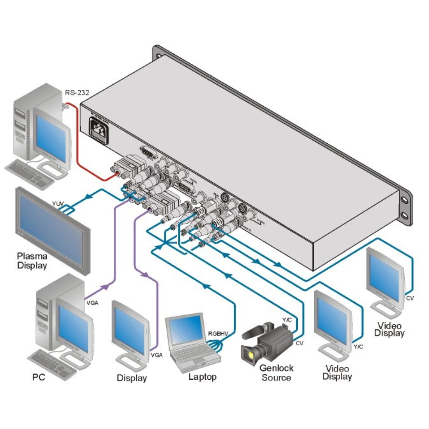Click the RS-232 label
click(x=77, y=93)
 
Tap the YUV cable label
click(x=58, y=204)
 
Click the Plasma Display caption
click(x=32, y=261)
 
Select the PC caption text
click(x=39, y=377)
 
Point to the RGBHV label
click(x=218, y=334)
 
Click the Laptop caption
click(x=202, y=377)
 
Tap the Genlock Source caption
click(x=276, y=373)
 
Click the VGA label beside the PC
click(x=92, y=303)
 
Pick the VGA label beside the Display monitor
click(x=157, y=355)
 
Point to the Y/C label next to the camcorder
click(x=287, y=320)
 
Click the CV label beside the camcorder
click(x=299, y=344)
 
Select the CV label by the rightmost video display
click(x=410, y=298)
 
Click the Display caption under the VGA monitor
click(x=132, y=378)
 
